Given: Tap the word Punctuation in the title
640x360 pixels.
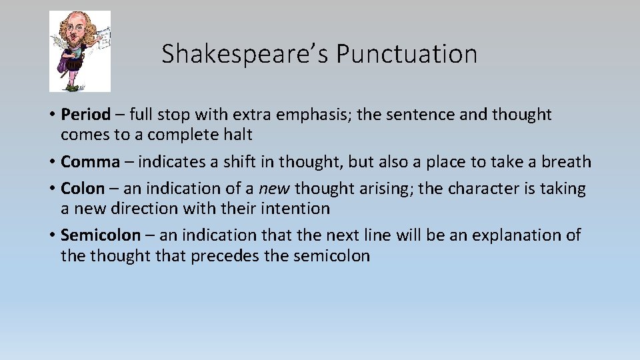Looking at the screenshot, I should click(x=406, y=54).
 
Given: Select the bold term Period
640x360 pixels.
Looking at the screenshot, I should click(x=85, y=115).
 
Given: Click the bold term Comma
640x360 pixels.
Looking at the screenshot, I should click(x=90, y=162).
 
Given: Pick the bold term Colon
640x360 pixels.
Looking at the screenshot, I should click(x=83, y=189).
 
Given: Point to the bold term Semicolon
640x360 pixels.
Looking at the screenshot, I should click(x=101, y=235).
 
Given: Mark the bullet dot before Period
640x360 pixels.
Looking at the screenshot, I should click(x=51, y=115).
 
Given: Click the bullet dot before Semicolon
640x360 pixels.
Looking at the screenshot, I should click(x=51, y=236).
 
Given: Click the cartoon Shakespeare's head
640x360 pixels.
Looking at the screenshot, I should click(x=75, y=27).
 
